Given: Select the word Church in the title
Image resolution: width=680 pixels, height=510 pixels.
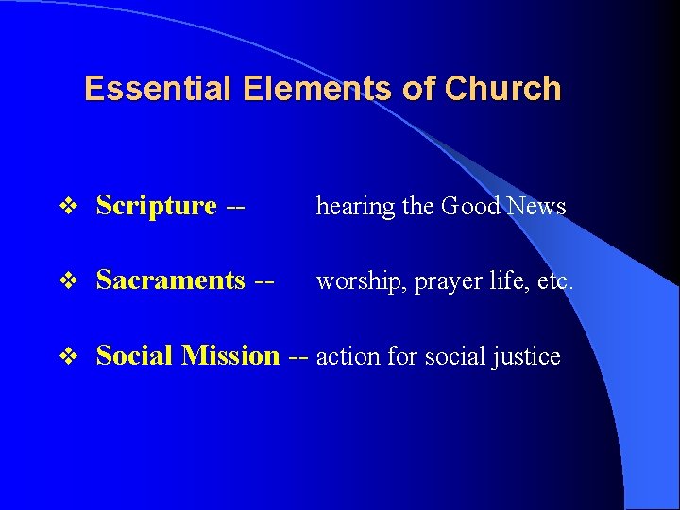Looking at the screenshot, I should (502, 89).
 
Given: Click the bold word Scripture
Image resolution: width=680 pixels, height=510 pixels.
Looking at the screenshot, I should (157, 206).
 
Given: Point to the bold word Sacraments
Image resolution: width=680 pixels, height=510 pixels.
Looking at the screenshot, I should (171, 280).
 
